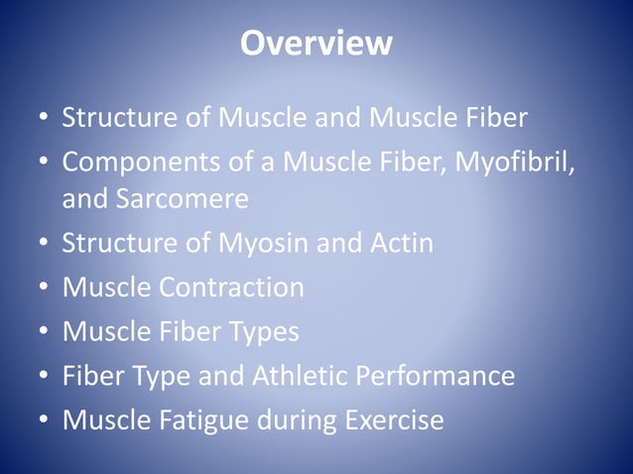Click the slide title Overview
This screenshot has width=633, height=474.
click(x=316, y=45)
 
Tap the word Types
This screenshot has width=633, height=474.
click(x=260, y=331)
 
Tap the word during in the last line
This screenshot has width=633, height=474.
click(x=295, y=420)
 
